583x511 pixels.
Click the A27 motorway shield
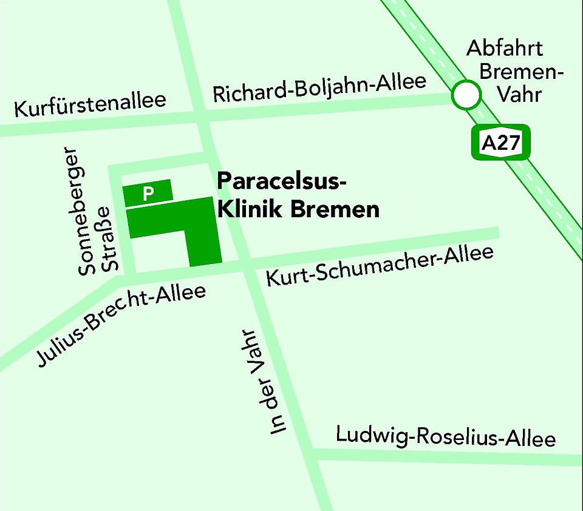(501, 143)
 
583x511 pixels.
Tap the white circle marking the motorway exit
(466, 95)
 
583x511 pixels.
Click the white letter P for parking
(148, 194)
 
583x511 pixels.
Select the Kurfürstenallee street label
(90, 106)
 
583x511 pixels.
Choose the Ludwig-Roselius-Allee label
(446, 437)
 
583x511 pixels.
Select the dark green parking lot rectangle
(148, 194)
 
